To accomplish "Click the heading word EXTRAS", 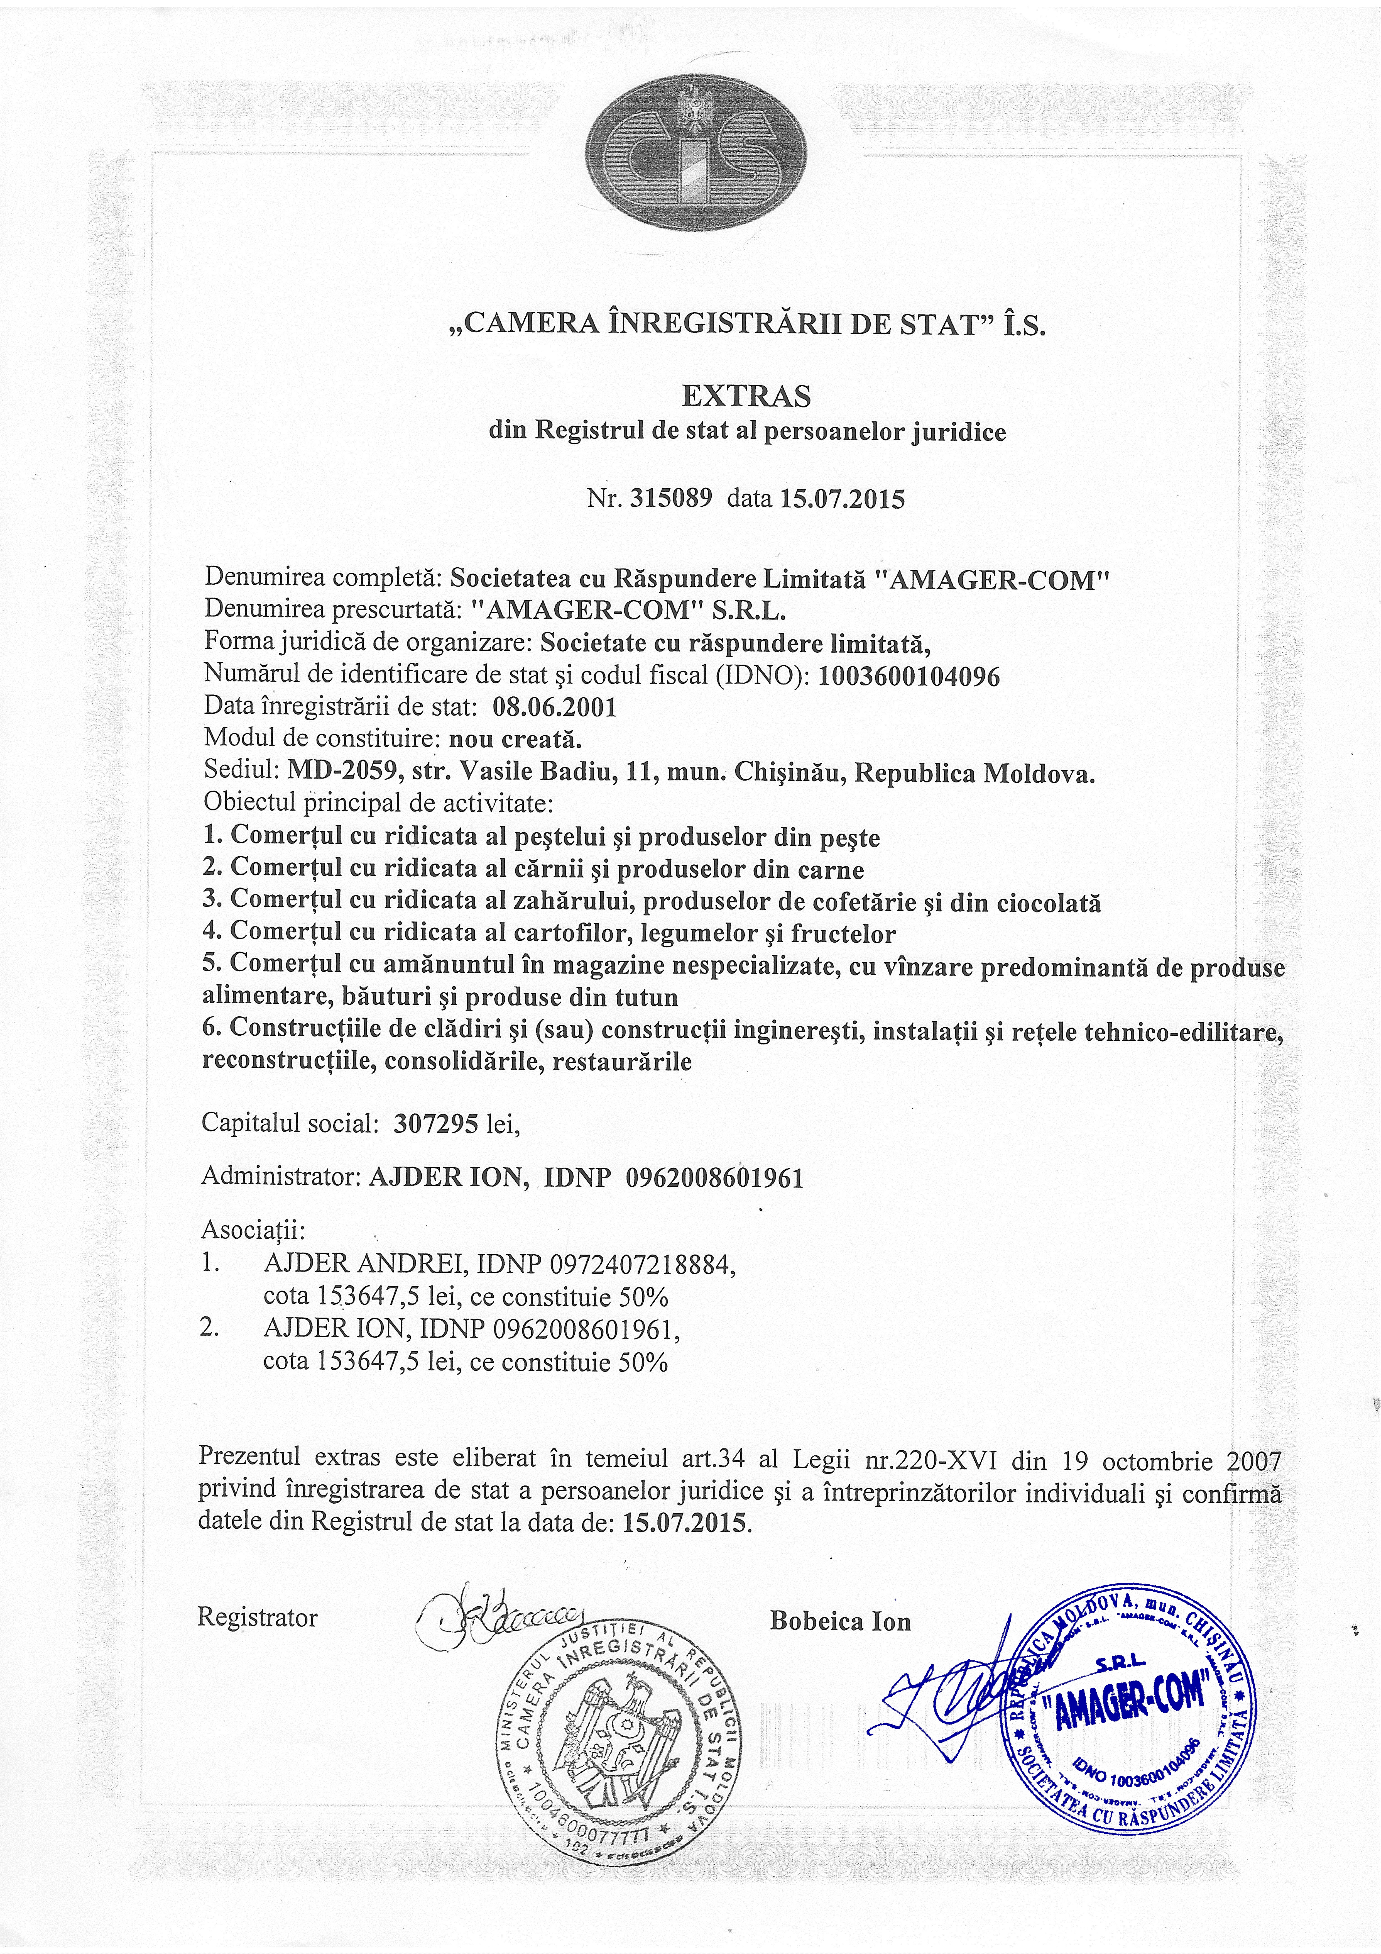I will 746,396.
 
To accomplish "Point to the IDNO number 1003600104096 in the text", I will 909,677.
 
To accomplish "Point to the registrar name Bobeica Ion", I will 840,1620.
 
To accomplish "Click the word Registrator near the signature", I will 258,1617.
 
